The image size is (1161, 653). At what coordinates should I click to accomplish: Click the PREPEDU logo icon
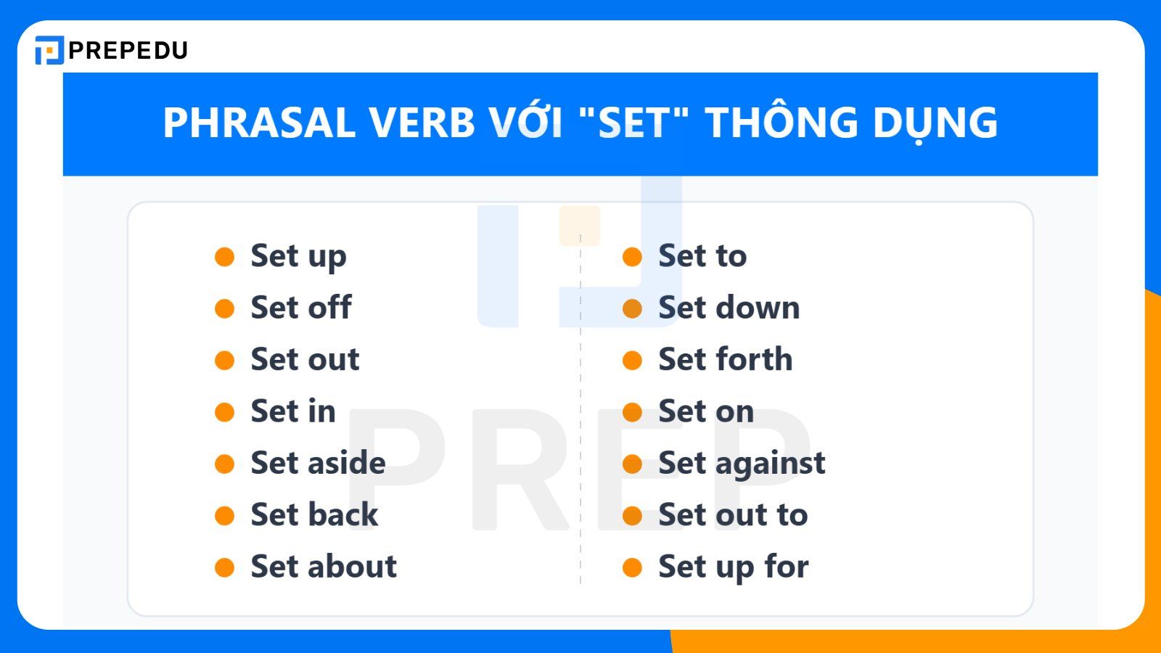click(x=49, y=50)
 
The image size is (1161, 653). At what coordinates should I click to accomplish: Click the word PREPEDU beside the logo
click(x=128, y=50)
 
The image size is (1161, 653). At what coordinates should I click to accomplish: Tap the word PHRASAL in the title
click(x=259, y=123)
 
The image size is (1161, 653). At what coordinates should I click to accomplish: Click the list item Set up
click(x=298, y=257)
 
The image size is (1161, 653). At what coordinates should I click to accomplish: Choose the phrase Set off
click(x=300, y=308)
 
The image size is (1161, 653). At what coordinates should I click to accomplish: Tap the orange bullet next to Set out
click(x=225, y=361)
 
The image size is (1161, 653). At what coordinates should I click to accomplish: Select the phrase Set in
click(x=293, y=411)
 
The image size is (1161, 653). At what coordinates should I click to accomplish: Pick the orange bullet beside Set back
click(x=225, y=516)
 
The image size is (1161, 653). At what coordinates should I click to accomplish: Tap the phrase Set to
click(x=702, y=256)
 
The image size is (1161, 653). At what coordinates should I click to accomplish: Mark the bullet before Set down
click(x=632, y=309)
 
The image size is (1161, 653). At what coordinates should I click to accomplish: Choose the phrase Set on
click(x=705, y=411)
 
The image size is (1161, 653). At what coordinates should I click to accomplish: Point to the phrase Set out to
click(x=733, y=515)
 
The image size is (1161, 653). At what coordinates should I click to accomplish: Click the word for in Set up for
click(x=787, y=567)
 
